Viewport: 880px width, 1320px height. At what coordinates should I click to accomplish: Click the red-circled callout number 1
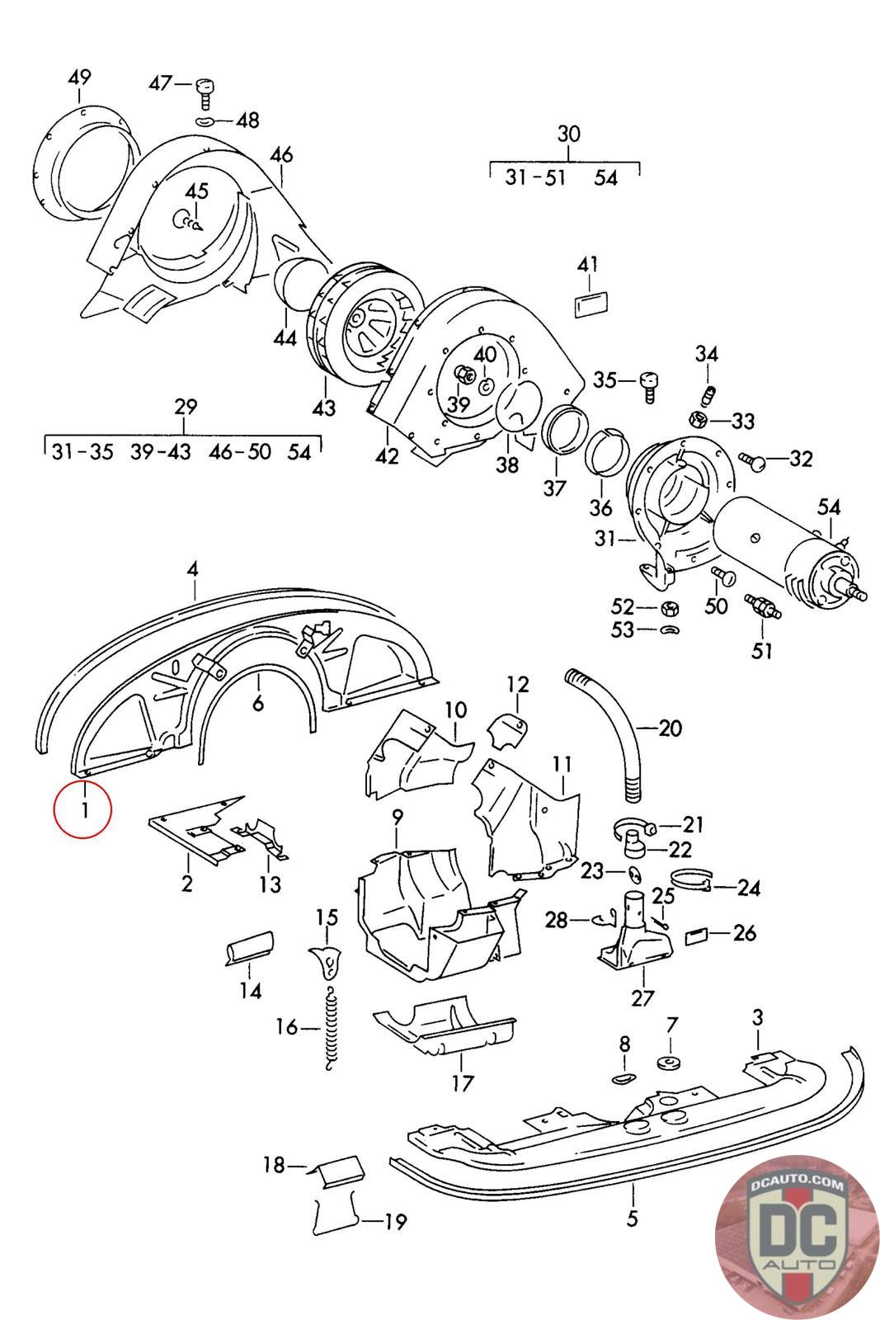click(83, 808)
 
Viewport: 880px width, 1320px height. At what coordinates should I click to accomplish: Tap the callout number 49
click(79, 78)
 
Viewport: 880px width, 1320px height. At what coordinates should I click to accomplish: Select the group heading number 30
click(569, 134)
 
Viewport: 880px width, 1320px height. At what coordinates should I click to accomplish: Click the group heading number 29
click(186, 407)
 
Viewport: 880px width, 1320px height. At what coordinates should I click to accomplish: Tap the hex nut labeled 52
click(670, 609)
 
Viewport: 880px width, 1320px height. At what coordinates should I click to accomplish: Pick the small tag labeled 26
click(697, 936)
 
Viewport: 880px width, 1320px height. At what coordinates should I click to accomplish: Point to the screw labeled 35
click(649, 382)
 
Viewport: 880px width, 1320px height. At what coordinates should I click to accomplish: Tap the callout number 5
click(632, 1217)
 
